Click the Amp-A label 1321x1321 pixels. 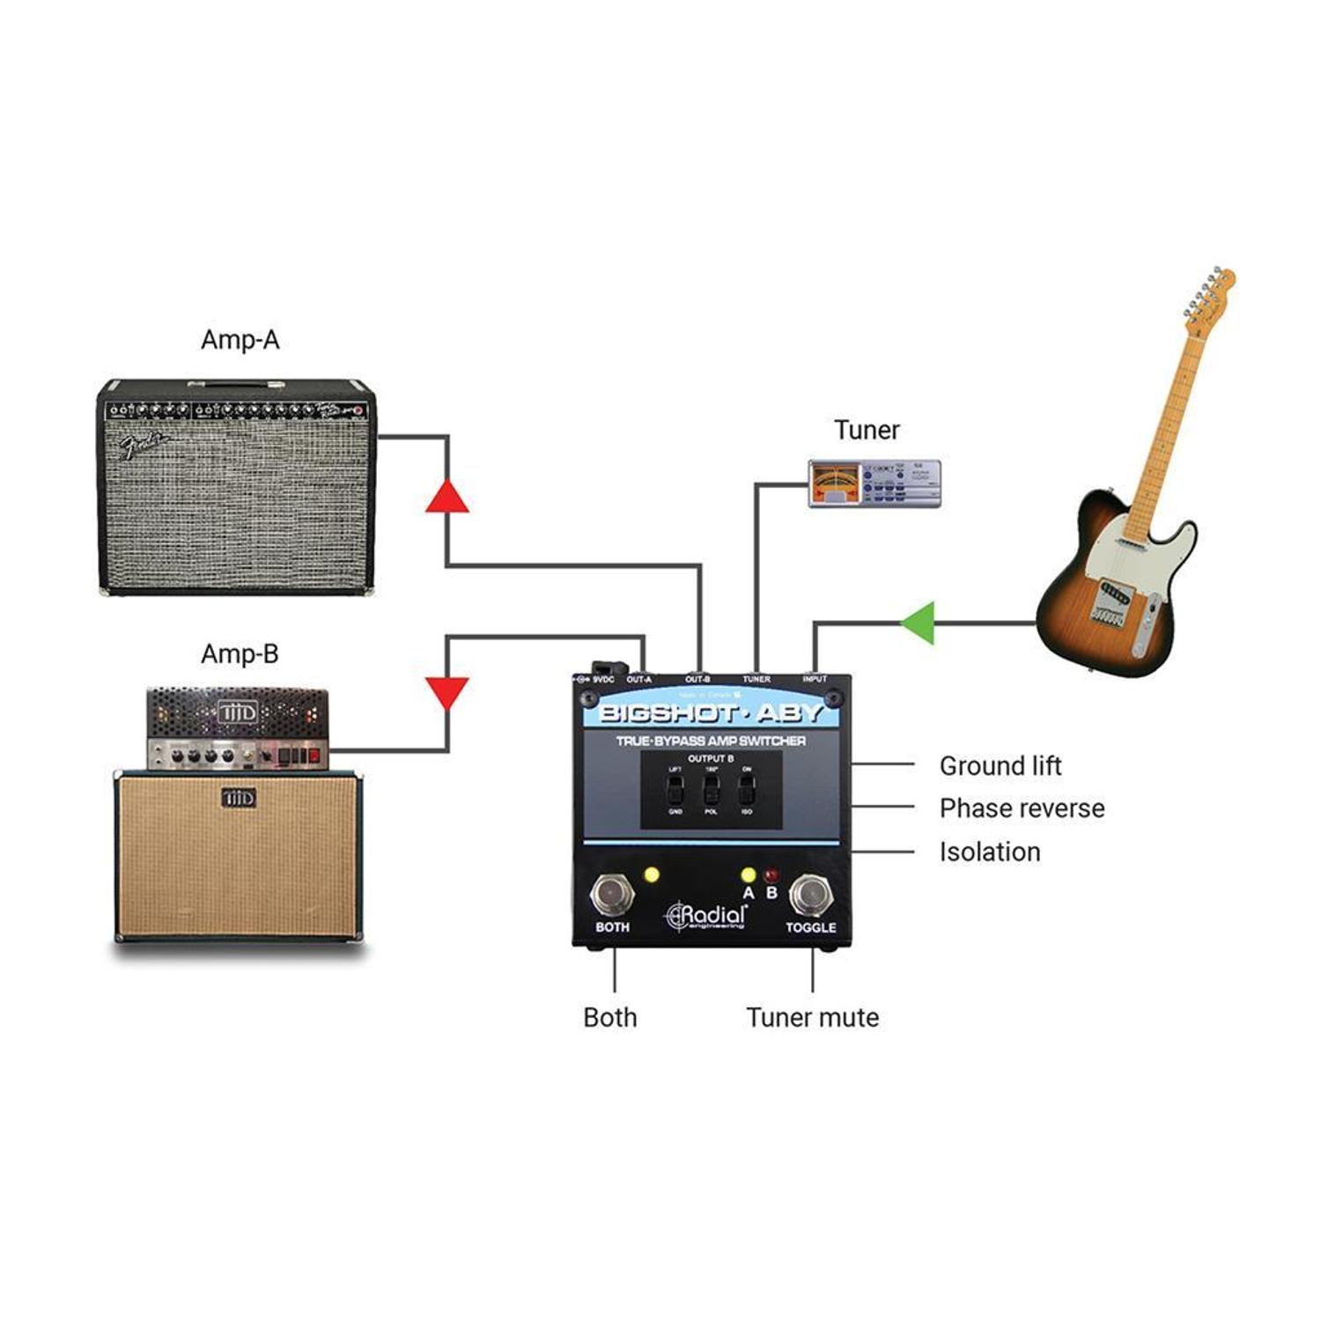240,340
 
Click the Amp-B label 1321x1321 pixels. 240,654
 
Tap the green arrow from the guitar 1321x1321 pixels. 919,623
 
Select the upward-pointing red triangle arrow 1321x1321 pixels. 447,497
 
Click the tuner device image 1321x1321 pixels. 875,483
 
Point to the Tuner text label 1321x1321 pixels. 867,431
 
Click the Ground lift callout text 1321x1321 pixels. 1000,766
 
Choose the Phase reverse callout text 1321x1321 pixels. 1022,808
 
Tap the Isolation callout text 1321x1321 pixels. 990,852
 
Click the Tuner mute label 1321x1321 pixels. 812,1018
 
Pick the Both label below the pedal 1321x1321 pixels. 609,1018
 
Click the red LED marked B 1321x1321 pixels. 772,876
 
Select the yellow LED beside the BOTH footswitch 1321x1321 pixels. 652,875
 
